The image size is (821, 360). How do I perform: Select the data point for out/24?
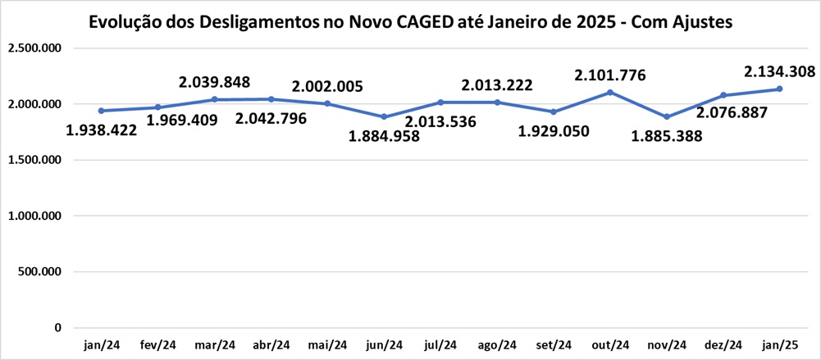point(609,92)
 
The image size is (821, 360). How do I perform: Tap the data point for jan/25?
point(778,89)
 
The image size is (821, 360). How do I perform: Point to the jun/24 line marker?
point(384,116)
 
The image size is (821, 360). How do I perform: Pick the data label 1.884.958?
point(384,136)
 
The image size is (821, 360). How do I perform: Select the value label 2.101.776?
point(609,75)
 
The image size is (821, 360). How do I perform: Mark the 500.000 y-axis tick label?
point(40,271)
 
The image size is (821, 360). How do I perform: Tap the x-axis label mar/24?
point(214,344)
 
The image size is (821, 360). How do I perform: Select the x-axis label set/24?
point(553,344)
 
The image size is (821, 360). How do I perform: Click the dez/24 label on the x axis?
point(722,344)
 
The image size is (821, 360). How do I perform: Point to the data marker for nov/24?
point(666,116)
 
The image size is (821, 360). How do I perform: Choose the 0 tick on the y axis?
point(57,327)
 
